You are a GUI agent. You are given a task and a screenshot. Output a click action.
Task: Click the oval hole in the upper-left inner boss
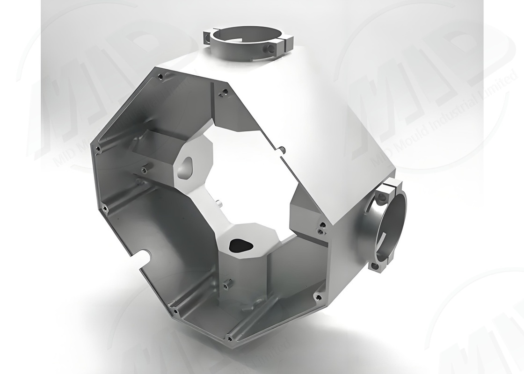click(x=186, y=166)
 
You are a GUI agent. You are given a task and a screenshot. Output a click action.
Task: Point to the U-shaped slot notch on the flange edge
click(x=146, y=257)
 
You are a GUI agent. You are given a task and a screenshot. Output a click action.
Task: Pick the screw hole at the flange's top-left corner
click(x=160, y=75)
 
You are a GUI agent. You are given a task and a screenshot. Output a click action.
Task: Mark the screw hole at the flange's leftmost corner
click(x=98, y=149)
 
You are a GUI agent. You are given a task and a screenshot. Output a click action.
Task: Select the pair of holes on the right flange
click(x=320, y=229)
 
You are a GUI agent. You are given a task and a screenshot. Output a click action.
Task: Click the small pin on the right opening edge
click(x=284, y=150)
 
